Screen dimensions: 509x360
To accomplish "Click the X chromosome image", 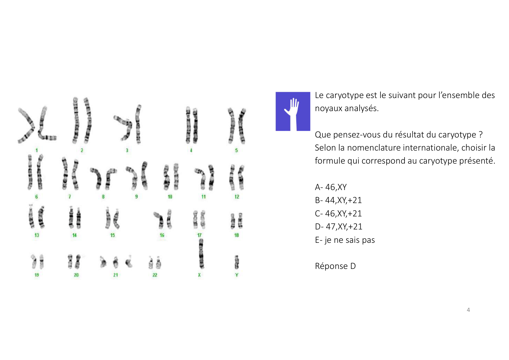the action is point(201,254).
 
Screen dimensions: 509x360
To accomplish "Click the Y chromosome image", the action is point(237,262).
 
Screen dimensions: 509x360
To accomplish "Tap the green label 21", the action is point(115,275).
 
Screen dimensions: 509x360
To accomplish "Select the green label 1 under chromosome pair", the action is point(37,150).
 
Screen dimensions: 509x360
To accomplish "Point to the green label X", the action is point(199,275).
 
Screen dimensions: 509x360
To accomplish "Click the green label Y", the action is point(237,275).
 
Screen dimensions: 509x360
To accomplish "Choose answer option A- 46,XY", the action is point(331,187).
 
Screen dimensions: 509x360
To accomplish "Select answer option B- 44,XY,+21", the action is point(338,200).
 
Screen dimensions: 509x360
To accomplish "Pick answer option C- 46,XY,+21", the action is point(338,214).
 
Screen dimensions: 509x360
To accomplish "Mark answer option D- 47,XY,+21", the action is point(339,227).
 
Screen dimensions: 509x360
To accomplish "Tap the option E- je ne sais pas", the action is point(345,240).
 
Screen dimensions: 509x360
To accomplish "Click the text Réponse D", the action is point(335,266).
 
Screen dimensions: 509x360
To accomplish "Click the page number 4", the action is point(468,310).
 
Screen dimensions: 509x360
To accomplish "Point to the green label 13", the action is point(37,235).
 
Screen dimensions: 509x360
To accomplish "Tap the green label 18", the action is point(237,235).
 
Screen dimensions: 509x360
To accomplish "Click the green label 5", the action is point(236,150).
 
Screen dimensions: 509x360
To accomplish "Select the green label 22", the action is point(155,275).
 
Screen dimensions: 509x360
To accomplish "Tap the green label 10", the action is point(170,197).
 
